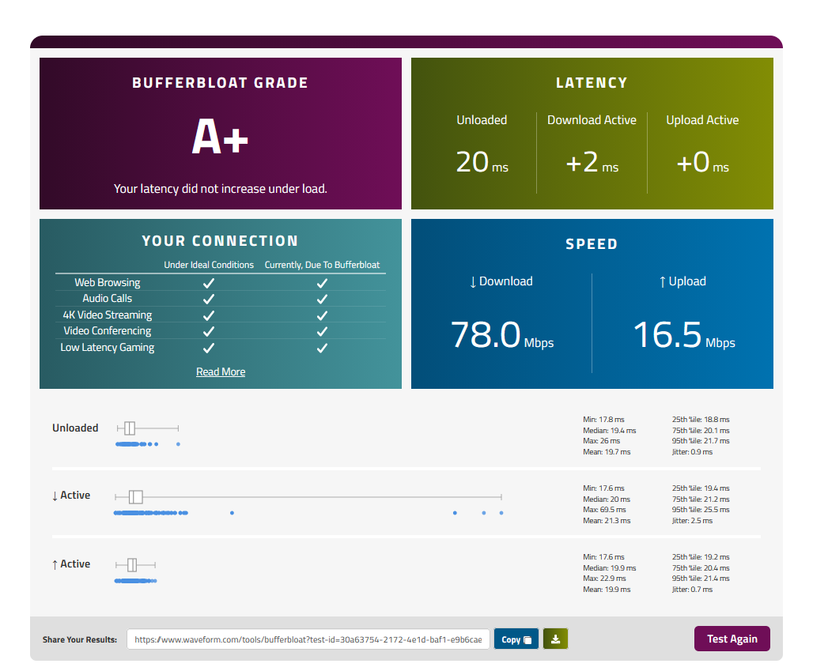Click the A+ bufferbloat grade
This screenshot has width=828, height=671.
[220, 136]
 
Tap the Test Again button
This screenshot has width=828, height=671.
[732, 639]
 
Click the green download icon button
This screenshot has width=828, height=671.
[555, 639]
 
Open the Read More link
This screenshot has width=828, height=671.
[221, 371]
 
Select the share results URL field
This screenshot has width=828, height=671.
[308, 639]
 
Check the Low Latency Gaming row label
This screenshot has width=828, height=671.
[108, 348]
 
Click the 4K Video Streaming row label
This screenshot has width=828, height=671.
[108, 315]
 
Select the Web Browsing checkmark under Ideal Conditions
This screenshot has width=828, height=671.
[209, 283]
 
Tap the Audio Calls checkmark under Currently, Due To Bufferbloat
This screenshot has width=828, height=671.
[322, 300]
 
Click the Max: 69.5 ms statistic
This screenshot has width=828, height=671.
[605, 510]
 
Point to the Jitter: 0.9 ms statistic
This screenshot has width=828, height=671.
[692, 452]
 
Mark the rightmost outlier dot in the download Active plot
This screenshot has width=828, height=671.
[501, 513]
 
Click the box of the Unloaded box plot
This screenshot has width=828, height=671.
[130, 428]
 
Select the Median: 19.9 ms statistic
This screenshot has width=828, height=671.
[610, 568]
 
